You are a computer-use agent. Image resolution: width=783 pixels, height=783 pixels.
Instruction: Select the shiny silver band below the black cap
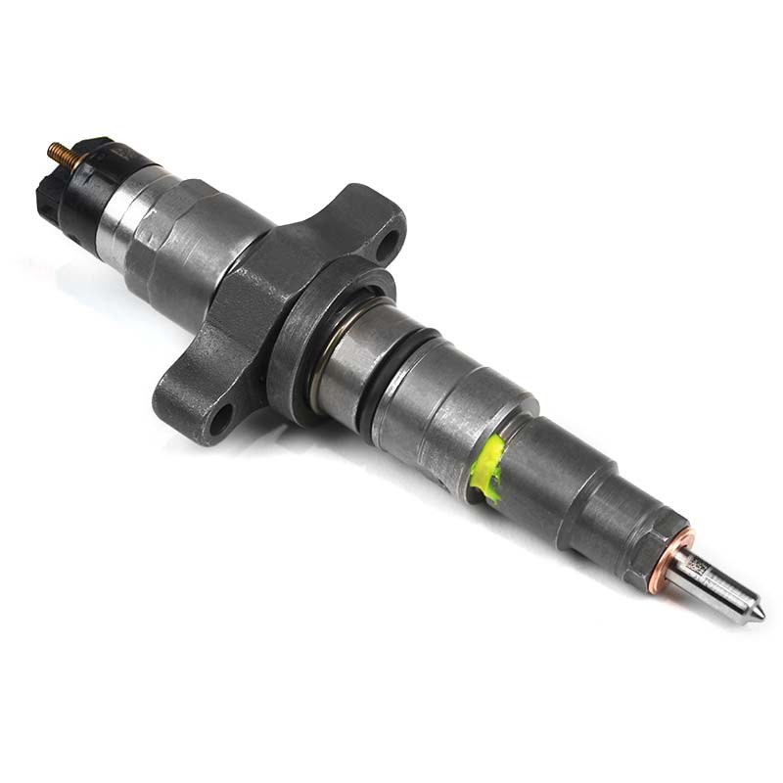121,225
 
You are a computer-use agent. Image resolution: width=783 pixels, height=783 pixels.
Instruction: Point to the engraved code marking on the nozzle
698,567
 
